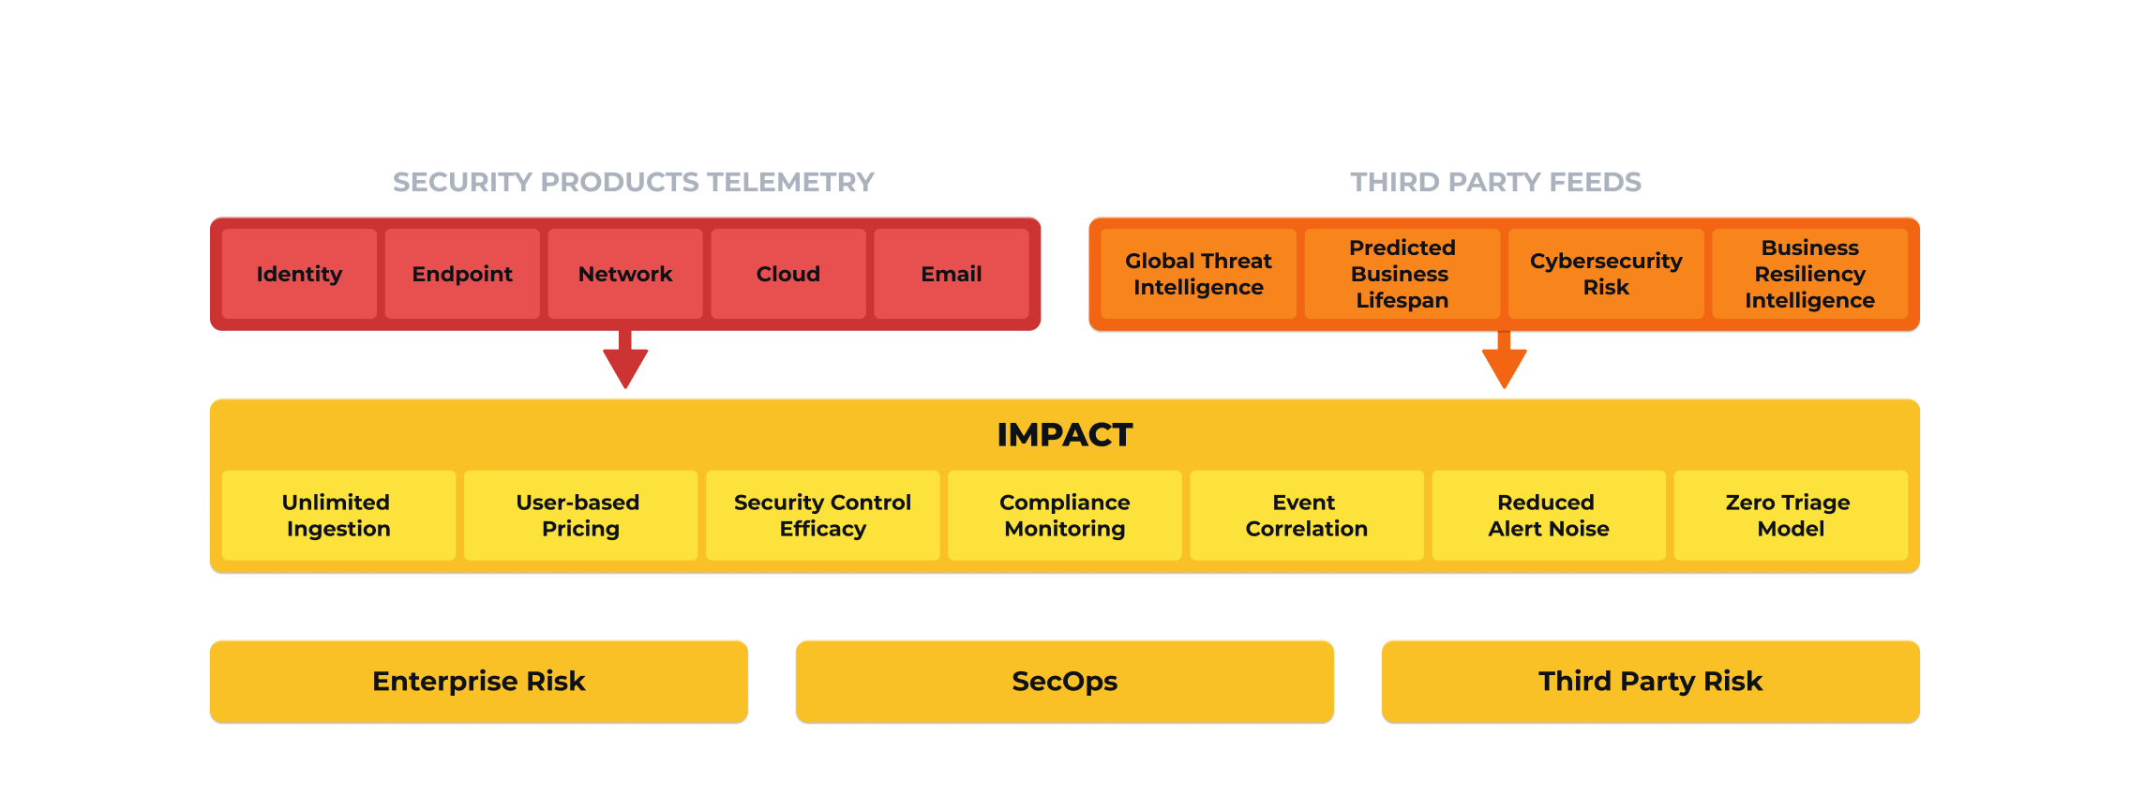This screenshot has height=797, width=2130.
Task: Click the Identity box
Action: (299, 274)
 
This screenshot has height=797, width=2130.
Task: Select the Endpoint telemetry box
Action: (462, 274)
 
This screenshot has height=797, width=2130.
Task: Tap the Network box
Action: (625, 274)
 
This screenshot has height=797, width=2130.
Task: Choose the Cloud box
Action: (788, 274)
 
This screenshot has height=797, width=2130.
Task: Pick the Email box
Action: (952, 274)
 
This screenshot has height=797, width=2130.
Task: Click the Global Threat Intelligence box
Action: (1198, 274)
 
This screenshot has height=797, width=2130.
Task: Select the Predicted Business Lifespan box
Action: (1402, 274)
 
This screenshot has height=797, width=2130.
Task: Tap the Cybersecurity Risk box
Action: (1606, 274)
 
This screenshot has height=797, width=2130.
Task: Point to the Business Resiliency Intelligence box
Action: (1810, 274)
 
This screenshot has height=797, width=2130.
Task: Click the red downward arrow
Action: (625, 359)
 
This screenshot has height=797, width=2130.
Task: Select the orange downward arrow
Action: (1505, 359)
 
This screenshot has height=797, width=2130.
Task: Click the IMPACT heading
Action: (1065, 435)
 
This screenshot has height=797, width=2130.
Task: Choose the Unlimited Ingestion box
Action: (338, 516)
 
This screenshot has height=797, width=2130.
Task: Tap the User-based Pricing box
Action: (580, 516)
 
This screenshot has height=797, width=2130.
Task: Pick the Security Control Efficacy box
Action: (822, 516)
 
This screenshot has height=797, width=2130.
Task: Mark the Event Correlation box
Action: (1307, 516)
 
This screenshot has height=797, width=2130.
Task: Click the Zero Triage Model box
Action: (1791, 516)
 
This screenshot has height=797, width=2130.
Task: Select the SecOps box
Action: (1065, 682)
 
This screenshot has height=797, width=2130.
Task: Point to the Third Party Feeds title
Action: (1496, 182)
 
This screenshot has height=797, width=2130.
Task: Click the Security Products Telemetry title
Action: (634, 182)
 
